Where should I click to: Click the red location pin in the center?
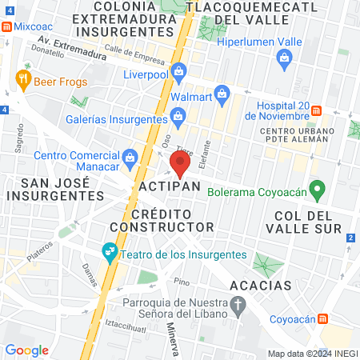[x=179, y=165]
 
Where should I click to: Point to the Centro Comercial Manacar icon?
[x=130, y=154]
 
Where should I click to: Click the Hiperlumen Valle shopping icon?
[x=284, y=57]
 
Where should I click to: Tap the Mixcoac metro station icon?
[x=7, y=26]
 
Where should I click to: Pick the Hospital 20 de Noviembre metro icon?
[x=317, y=110]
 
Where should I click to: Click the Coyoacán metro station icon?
[x=322, y=318]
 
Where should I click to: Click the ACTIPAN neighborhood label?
[x=169, y=186]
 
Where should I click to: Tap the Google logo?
[x=26, y=350]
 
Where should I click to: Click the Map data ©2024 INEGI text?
[x=311, y=354]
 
